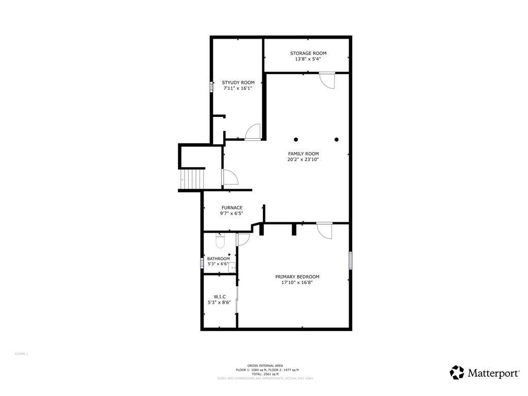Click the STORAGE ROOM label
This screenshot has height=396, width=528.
[x=308, y=53]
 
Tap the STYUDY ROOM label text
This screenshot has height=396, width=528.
[x=238, y=82]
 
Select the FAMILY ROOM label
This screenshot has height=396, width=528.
[x=303, y=154]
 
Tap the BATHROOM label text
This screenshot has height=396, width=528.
[x=219, y=259]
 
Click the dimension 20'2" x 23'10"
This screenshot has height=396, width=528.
[x=303, y=160]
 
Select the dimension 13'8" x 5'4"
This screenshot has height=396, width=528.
[x=308, y=59]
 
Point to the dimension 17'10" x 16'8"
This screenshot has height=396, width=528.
[x=297, y=283]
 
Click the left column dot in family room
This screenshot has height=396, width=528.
[x=296, y=139]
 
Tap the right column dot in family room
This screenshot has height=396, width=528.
[x=337, y=139]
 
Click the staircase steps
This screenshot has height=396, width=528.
[x=192, y=179]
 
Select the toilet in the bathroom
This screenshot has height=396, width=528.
[x=219, y=240]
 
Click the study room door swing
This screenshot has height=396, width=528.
[x=253, y=132]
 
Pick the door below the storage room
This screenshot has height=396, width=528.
[x=327, y=80]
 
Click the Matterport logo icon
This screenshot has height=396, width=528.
[x=457, y=372]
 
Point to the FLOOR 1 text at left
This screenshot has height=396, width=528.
[x=21, y=354]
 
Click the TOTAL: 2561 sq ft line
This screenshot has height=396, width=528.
[x=265, y=374]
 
